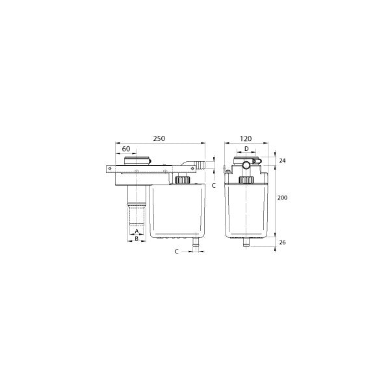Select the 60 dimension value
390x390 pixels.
pyautogui.click(x=127, y=148)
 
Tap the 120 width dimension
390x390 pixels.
pyautogui.click(x=246, y=138)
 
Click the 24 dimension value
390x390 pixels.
pyautogui.click(x=281, y=161)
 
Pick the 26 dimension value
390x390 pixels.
pyautogui.click(x=281, y=242)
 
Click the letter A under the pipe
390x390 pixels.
pyautogui.click(x=136, y=231)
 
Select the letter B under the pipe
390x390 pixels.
pyautogui.click(x=136, y=239)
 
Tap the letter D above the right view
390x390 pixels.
pyautogui.click(x=246, y=149)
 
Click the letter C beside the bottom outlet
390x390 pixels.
pyautogui.click(x=177, y=250)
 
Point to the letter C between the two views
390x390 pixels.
pyautogui.click(x=214, y=185)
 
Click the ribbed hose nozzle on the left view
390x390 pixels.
pyautogui.click(x=197, y=165)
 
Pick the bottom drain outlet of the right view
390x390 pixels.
pyautogui.click(x=246, y=244)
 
